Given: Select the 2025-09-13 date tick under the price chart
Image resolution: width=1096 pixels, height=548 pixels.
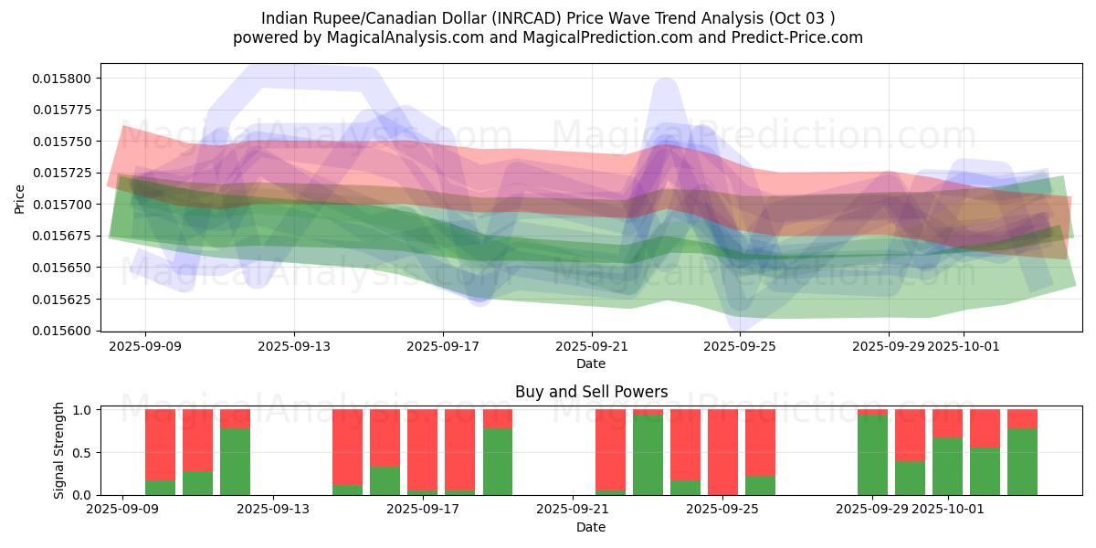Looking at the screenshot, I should point(294,346).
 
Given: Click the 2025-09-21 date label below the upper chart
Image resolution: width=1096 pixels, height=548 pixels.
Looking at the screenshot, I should point(592,346).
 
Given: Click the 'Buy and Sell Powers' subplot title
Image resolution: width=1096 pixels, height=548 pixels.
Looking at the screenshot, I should point(591,392).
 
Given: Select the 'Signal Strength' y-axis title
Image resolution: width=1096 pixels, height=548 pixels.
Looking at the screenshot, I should point(59,450).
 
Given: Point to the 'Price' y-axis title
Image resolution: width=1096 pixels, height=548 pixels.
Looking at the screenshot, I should point(20,197).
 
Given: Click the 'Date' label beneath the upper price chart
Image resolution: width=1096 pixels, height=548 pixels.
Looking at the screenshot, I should point(591,364).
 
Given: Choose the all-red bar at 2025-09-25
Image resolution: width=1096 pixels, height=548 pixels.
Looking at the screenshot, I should point(722,452).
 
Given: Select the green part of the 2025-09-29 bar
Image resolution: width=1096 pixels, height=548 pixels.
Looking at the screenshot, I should point(872,455).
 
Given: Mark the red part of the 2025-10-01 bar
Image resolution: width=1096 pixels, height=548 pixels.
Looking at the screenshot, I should point(947,423).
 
